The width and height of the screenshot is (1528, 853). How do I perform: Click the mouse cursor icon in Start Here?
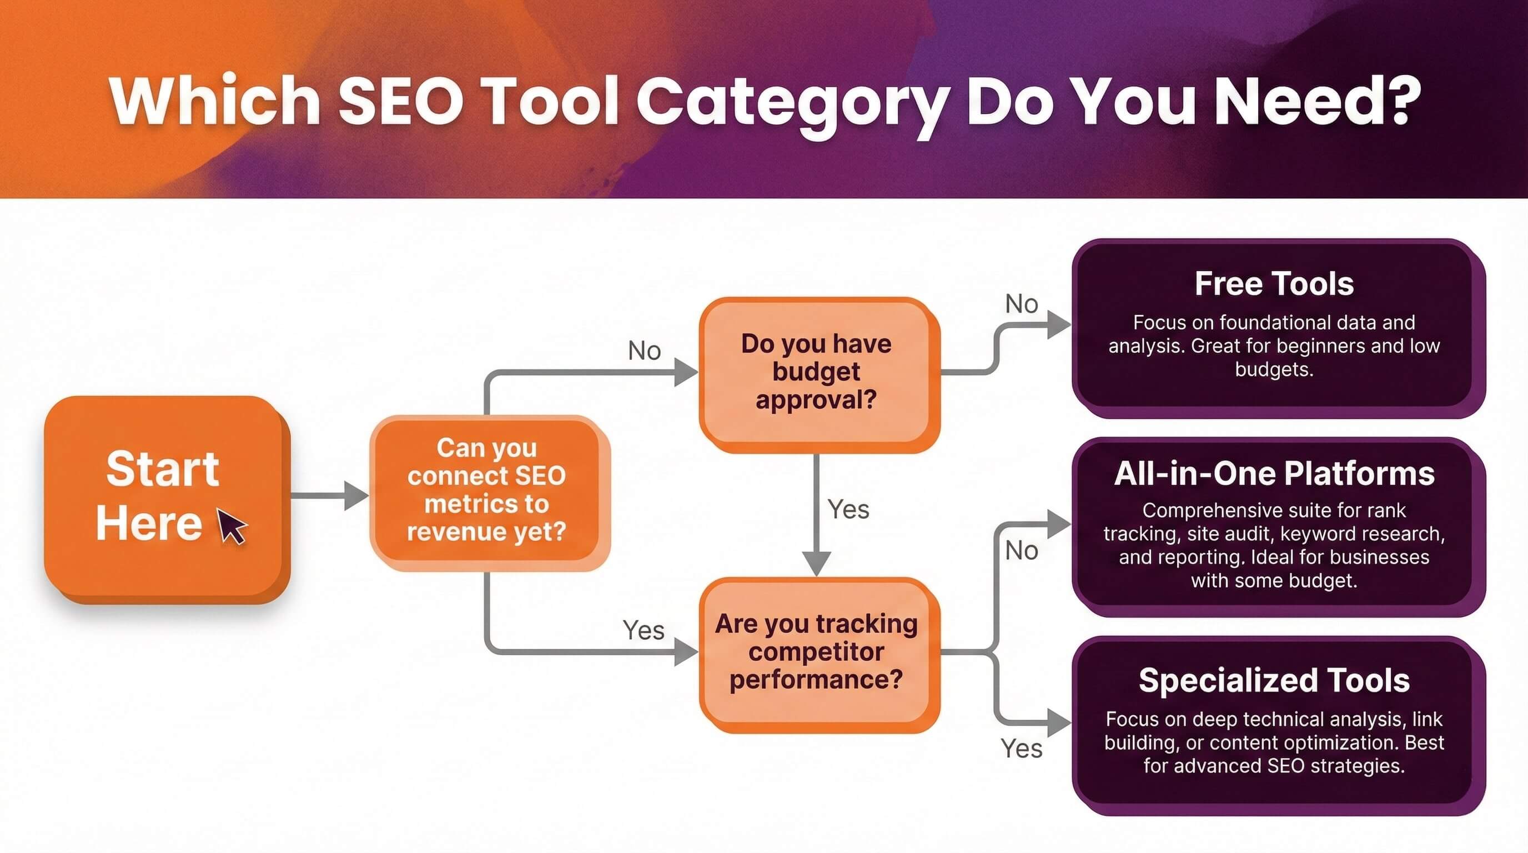[232, 525]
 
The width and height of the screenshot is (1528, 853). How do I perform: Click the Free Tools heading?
[1274, 284]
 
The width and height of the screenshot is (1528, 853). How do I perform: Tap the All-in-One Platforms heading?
[1274, 474]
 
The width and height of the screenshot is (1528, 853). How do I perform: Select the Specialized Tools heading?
[1274, 680]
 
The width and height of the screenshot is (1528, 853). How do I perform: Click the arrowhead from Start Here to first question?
[356, 495]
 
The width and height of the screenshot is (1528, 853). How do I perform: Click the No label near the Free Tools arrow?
[1021, 304]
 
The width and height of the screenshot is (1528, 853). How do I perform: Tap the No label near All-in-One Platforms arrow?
[1021, 551]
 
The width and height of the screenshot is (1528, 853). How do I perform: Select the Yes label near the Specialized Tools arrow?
[1021, 749]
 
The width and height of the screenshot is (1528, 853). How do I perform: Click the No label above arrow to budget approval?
[644, 351]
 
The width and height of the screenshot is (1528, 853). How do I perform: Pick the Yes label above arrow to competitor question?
[643, 630]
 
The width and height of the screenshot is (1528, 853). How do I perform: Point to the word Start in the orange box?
[163, 469]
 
